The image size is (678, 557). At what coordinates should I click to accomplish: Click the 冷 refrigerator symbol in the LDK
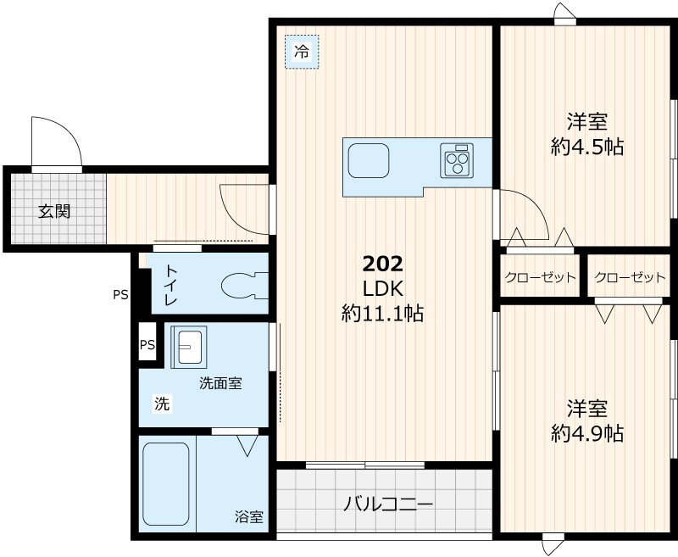(x=301, y=52)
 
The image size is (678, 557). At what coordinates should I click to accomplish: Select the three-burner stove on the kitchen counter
(x=458, y=160)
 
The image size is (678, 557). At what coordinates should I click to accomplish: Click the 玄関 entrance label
(x=53, y=211)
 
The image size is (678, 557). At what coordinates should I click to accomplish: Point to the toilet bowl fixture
(x=243, y=285)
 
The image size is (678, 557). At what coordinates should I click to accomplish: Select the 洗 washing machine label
(x=161, y=404)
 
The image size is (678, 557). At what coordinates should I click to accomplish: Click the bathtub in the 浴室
(x=167, y=486)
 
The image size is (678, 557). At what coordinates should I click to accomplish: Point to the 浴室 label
(x=249, y=516)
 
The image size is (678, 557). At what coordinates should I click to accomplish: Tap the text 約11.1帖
(x=382, y=314)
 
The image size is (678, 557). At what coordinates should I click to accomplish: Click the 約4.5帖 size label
(x=587, y=147)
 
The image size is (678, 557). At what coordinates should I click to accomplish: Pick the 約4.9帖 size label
(x=587, y=433)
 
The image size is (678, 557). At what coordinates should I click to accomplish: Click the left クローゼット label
(x=540, y=278)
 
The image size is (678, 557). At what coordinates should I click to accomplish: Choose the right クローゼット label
(x=630, y=278)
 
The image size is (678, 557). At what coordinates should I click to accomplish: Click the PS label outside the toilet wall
(x=120, y=295)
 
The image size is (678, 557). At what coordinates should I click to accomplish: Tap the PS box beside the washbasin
(x=147, y=345)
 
